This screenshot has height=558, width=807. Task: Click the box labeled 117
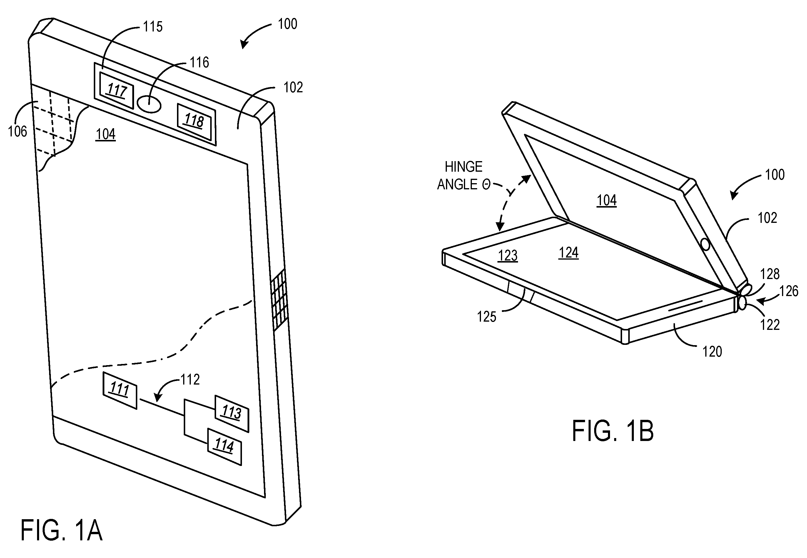coord(116,91)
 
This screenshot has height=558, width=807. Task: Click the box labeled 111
coord(120,390)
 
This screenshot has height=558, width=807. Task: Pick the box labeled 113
coord(231,414)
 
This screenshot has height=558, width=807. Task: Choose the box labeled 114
coord(225,447)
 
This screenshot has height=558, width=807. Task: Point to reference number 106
coord(17,132)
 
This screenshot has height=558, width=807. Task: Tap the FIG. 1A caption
coord(61,531)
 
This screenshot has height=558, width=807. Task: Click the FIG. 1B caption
coord(613,431)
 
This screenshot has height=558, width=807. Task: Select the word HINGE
coord(464,167)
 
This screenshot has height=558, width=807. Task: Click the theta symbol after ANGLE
coord(486,185)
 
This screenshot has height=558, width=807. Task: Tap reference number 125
coord(487,317)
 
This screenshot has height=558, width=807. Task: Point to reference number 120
coord(712,352)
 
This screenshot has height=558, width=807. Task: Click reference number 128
coord(770,274)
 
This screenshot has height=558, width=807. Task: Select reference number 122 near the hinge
coord(770,325)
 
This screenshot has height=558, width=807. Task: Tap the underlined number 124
coord(569,253)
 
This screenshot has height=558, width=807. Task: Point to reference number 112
coord(190,380)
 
